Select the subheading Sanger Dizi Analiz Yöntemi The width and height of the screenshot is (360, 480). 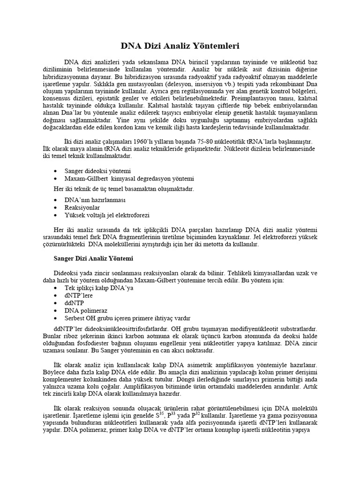[94, 258]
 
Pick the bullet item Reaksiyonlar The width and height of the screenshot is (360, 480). [82, 207]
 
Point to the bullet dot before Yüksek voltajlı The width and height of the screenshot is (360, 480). [56, 215]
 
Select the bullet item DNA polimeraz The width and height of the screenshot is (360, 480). [86, 311]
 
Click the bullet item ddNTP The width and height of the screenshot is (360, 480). [75, 303]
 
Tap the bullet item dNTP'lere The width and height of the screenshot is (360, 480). [79, 296]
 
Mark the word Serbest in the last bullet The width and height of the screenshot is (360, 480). [75, 318]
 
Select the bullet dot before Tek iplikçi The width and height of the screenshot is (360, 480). [56, 288]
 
